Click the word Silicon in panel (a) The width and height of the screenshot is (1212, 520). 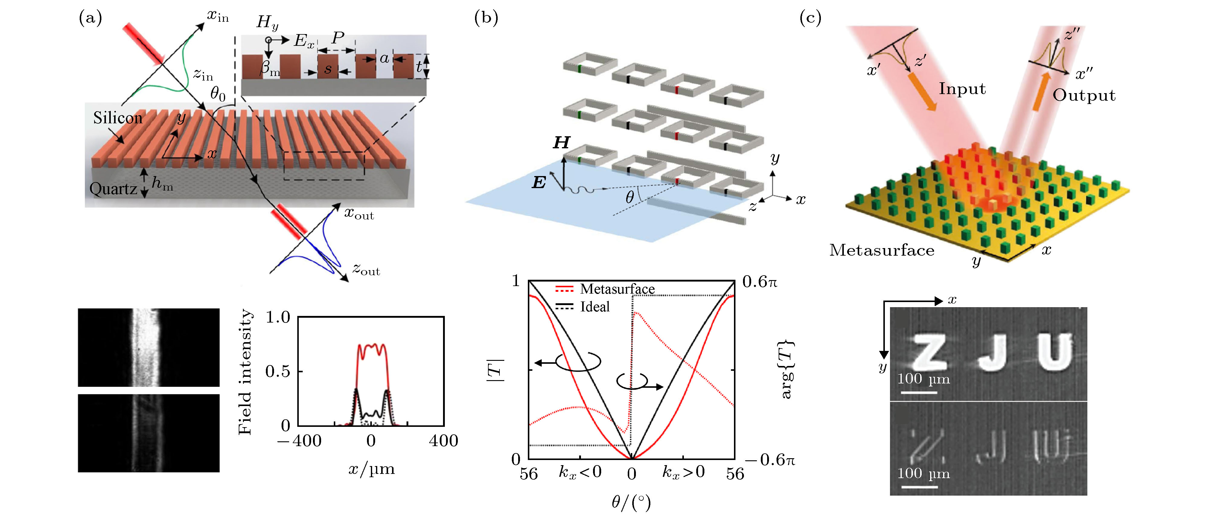click(x=118, y=118)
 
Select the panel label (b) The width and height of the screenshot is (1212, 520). click(x=486, y=18)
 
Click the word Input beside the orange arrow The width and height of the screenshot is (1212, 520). click(x=962, y=89)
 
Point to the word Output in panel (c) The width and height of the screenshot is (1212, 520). click(x=1083, y=96)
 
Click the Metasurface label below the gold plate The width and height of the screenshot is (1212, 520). click(x=881, y=250)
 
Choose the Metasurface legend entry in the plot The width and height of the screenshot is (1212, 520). click(x=617, y=289)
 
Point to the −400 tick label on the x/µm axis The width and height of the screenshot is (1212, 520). click(x=299, y=441)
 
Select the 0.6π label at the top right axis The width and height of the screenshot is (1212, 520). click(x=759, y=282)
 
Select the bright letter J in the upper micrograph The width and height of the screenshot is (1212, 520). click(x=992, y=353)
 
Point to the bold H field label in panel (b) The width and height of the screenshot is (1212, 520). click(x=561, y=143)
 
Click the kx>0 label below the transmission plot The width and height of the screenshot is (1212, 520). click(x=683, y=471)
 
